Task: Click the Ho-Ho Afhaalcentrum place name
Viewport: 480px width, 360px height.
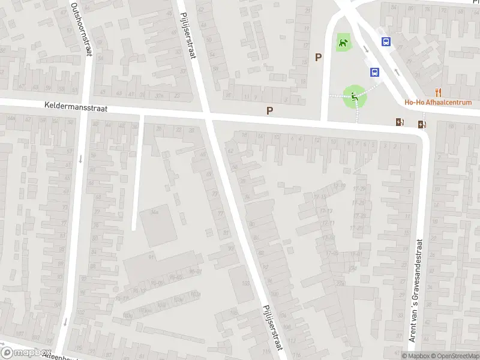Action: [438, 102]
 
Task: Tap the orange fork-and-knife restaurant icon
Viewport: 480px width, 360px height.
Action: [439, 92]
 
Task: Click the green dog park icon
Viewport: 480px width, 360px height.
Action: [343, 43]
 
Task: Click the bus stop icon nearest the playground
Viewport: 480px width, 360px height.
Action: [374, 72]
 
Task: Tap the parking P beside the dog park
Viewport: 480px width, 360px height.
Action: [319, 58]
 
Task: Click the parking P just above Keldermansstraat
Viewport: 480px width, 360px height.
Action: [269, 110]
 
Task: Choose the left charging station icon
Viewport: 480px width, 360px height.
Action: [400, 122]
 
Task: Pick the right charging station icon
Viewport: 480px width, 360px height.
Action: [422, 125]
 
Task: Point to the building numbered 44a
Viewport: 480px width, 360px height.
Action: [155, 212]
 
